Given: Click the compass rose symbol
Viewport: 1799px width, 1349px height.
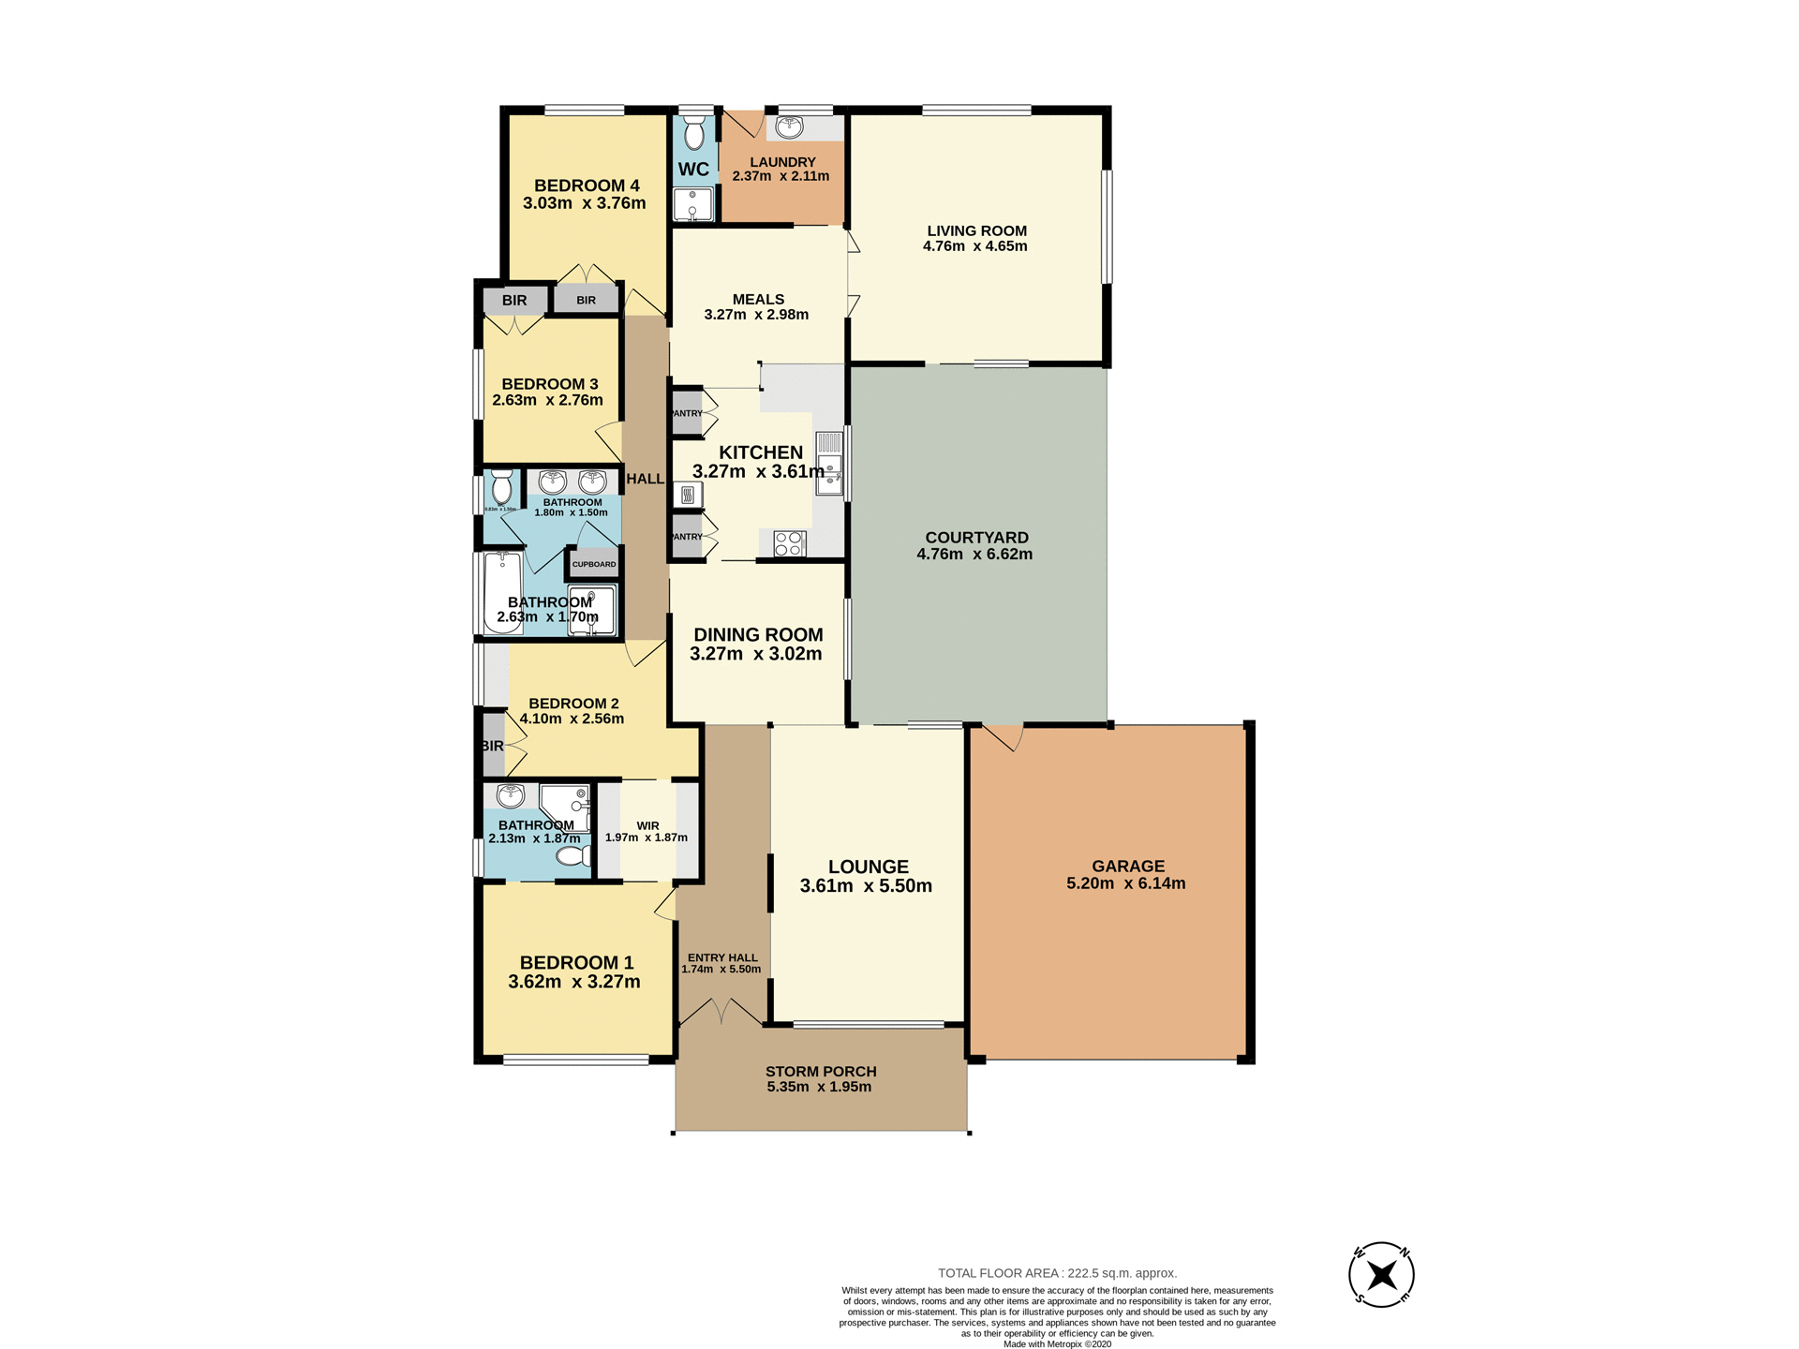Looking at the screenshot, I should pos(1381,1275).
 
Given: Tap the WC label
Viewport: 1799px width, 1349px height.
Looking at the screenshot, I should pos(693,170).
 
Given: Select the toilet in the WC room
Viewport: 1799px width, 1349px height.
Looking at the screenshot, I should pos(693,134).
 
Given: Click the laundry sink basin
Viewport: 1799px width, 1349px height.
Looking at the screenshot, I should pos(789,126).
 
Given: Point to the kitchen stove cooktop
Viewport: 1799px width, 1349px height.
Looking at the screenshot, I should pos(789,543).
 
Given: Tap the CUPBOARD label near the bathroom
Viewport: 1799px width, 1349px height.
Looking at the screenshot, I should pos(594,564).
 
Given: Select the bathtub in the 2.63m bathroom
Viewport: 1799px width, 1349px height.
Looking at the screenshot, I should pos(503,592).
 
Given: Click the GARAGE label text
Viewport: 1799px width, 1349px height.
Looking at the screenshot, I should pos(1128,867).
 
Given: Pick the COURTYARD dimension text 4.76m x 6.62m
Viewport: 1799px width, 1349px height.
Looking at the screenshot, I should pos(974,555).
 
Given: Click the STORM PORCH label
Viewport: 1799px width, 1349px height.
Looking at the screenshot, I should pos(821,1072).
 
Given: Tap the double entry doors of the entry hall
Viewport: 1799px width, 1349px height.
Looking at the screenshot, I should pos(721,1012).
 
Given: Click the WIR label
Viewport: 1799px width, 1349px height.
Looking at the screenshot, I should pos(647,825).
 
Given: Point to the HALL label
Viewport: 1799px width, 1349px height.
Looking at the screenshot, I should pos(645,479).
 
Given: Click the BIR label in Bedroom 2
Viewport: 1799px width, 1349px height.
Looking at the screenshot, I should pos(493,746).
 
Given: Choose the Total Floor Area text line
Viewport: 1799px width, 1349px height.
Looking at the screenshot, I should pos(1057,1273).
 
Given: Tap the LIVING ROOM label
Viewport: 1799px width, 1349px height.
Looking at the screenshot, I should pos(976,230).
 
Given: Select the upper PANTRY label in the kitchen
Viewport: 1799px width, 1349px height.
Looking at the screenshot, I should pos(687,413).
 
